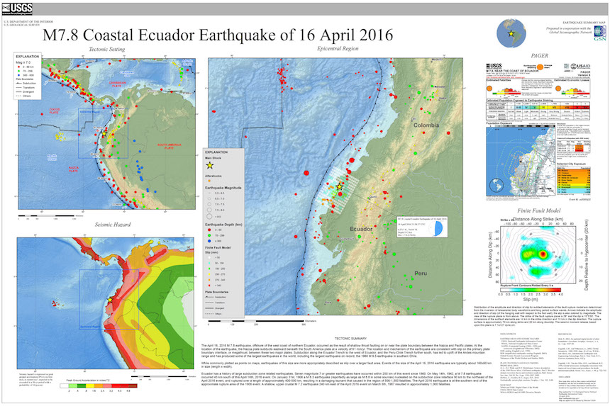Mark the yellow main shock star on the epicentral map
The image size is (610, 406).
[340, 186]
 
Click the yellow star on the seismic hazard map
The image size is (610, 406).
[110, 300]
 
